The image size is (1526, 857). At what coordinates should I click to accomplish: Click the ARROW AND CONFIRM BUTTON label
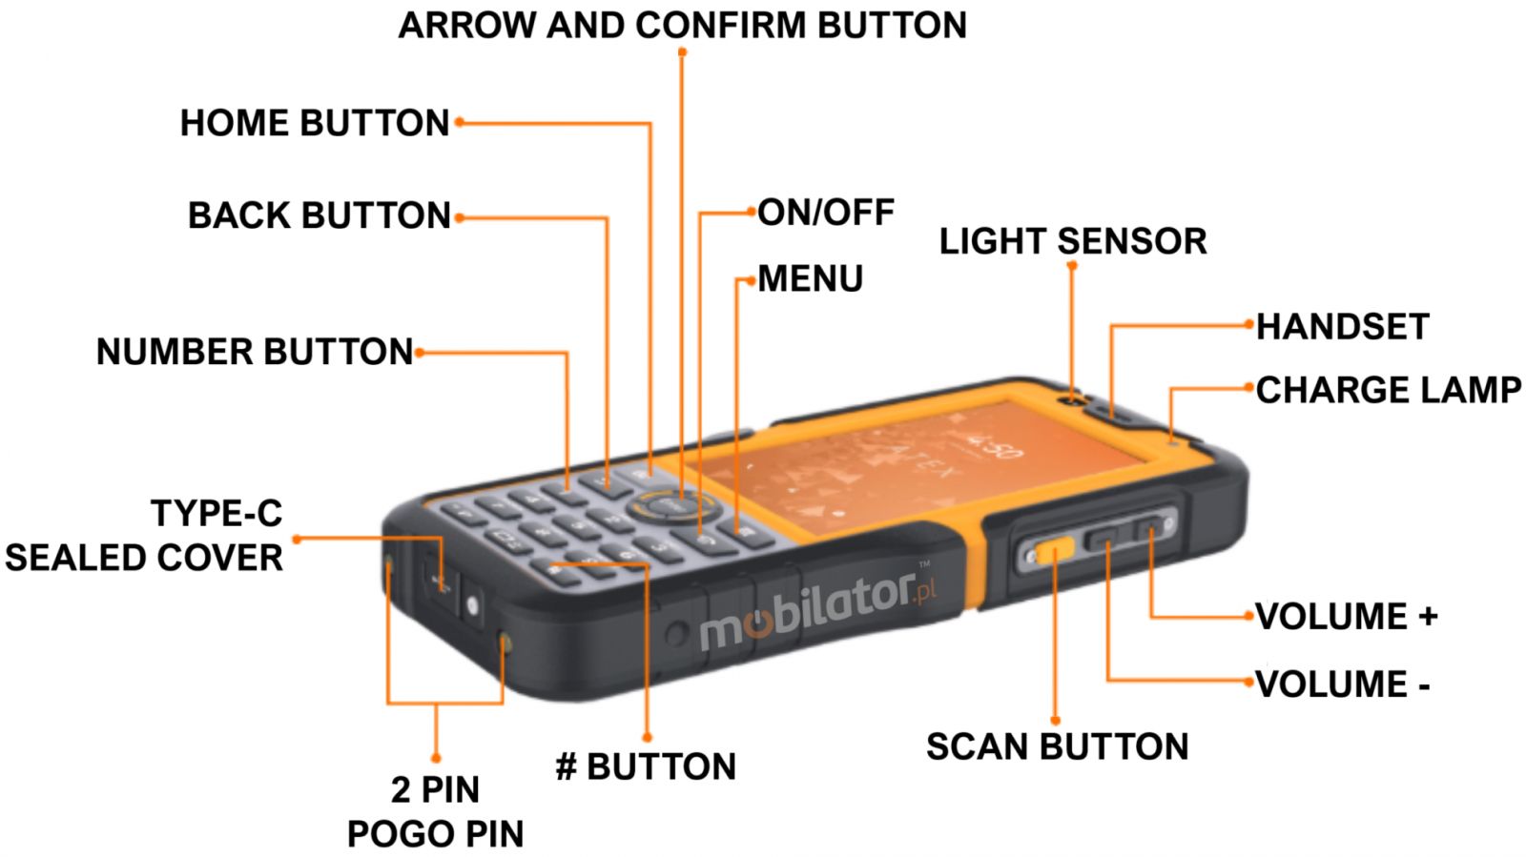coord(682,25)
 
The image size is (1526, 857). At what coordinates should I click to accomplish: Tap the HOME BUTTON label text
coord(315,123)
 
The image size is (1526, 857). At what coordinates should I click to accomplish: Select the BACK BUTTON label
coord(319,215)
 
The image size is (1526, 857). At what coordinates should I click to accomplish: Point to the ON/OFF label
coord(826,212)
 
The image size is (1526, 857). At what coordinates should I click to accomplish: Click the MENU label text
coord(810,279)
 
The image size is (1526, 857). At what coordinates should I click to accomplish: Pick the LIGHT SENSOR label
coord(1073,241)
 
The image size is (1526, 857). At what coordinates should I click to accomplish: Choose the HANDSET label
coord(1342,327)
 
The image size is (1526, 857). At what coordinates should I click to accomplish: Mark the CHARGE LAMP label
coord(1388,390)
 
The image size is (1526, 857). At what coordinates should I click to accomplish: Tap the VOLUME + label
coord(1346,617)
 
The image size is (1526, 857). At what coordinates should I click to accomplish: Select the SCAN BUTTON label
coord(1057,746)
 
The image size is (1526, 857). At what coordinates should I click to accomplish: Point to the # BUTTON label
coord(646,766)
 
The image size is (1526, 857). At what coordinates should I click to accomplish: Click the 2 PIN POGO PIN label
coord(435,811)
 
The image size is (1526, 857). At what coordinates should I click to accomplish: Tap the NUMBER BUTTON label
coord(255,352)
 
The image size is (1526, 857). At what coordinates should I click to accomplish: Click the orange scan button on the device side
coord(1054,551)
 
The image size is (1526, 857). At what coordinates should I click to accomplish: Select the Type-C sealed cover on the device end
coord(440,578)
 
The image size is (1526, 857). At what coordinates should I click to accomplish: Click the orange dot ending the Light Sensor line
coord(1072,266)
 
